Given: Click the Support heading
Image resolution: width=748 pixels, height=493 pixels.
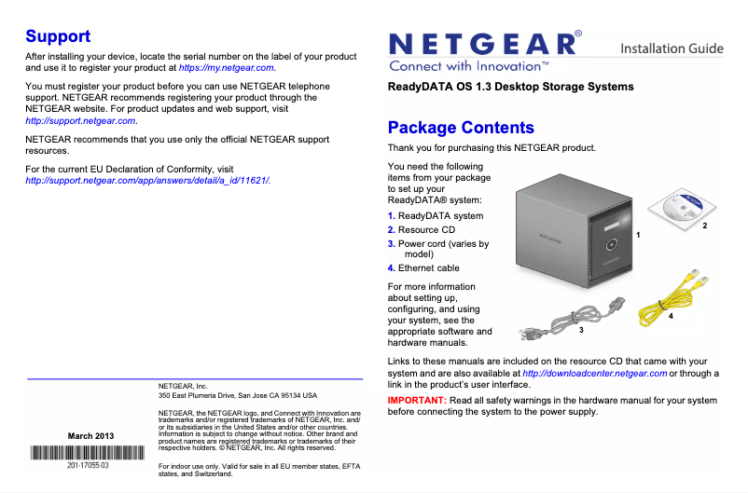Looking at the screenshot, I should click(58, 36).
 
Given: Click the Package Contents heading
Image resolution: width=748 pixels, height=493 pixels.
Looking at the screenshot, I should click(461, 128).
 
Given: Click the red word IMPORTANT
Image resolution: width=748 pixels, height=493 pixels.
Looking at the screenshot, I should click(416, 400).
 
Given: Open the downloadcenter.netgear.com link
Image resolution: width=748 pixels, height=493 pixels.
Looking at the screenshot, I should click(594, 374).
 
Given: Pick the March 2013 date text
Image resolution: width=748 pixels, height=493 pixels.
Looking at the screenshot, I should click(91, 436).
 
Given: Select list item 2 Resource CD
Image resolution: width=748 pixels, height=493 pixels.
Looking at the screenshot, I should click(421, 229).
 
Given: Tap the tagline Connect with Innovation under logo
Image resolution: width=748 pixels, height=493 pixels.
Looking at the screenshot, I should click(468, 67).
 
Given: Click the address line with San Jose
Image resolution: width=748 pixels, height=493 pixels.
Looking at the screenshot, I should click(238, 395).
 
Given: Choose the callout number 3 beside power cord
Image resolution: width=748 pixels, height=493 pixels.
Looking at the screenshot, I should click(580, 331).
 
